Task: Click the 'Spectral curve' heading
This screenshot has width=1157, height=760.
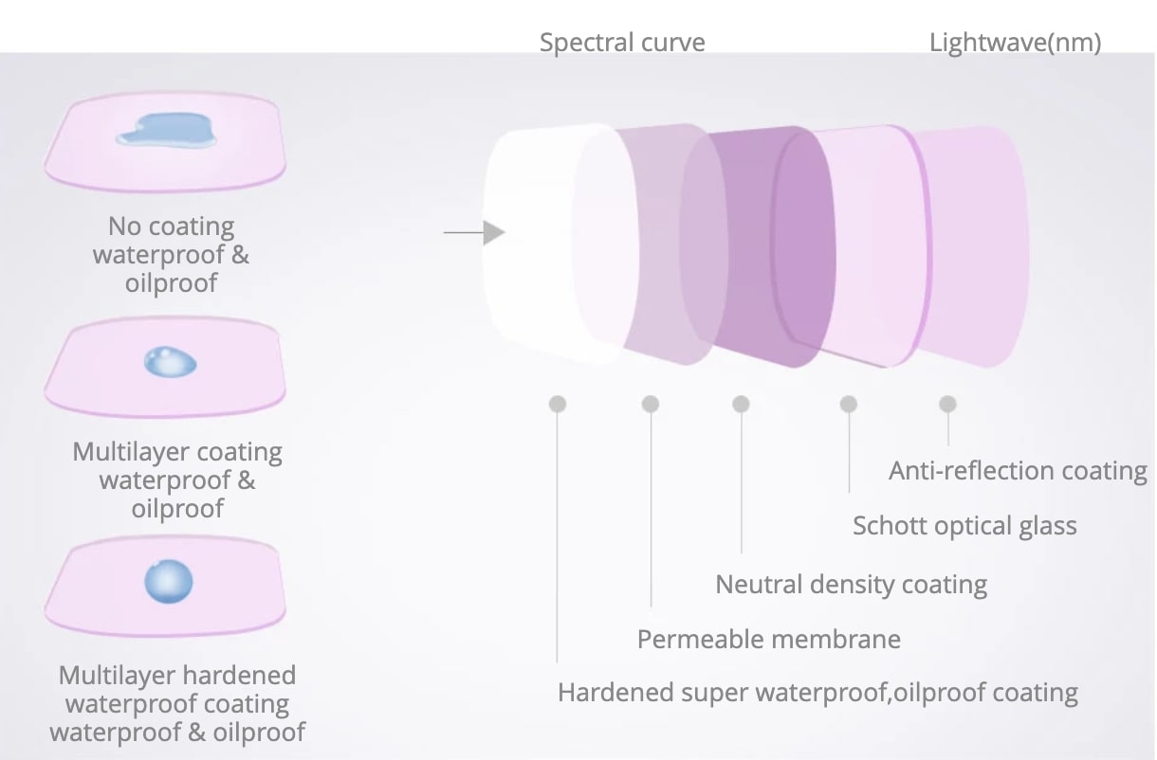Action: pyautogui.click(x=622, y=43)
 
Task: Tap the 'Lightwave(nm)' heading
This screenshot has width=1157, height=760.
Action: pyautogui.click(x=1015, y=43)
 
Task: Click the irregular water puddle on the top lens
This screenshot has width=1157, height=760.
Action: pyautogui.click(x=166, y=131)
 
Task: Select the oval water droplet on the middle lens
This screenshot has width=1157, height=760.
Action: pyautogui.click(x=170, y=362)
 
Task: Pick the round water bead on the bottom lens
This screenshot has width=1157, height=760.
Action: pyautogui.click(x=169, y=582)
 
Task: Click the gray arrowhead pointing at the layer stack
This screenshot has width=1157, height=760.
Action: pyautogui.click(x=494, y=233)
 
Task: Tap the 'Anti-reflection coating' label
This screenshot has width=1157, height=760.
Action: pyautogui.click(x=1018, y=471)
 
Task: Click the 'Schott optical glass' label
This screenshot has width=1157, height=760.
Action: pyautogui.click(x=964, y=526)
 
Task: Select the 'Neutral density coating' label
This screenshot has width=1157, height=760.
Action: pyautogui.click(x=852, y=585)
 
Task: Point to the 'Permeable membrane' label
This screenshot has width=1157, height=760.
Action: pyautogui.click(x=768, y=640)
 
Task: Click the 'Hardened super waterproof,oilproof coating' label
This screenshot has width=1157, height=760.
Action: pyautogui.click(x=817, y=693)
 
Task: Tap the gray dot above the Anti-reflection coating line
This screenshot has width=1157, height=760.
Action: pyautogui.click(x=947, y=404)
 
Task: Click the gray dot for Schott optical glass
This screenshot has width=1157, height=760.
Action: pyautogui.click(x=849, y=404)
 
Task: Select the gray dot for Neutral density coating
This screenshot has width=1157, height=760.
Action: pyautogui.click(x=742, y=404)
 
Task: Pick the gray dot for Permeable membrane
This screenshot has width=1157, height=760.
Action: pyautogui.click(x=651, y=404)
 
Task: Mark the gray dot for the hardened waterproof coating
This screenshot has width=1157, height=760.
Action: pyautogui.click(x=558, y=404)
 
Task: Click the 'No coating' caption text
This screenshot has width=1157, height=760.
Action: pyautogui.click(x=171, y=226)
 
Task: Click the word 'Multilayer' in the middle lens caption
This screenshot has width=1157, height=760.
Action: pyautogui.click(x=130, y=452)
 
